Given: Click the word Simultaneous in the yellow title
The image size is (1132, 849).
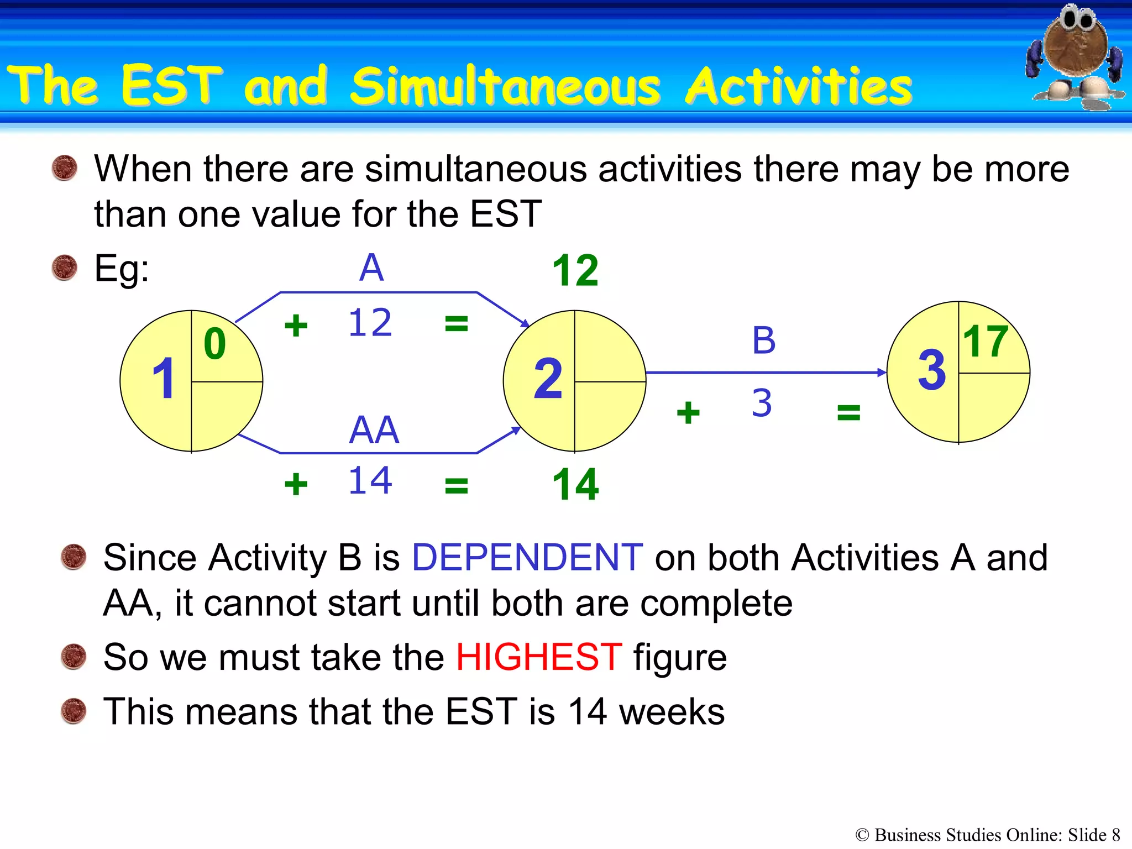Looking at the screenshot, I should coord(505,86).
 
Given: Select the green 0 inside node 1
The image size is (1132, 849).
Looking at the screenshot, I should coord(215,344).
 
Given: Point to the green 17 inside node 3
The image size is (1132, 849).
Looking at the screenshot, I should coord(986,342).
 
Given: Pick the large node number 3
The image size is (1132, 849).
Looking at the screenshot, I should coord(932,370).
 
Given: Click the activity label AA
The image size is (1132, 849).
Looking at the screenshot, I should coord(374,429).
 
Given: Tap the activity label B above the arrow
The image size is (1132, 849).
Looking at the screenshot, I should coord(764,340).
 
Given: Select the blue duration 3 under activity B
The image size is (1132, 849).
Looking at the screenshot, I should coord(762,403).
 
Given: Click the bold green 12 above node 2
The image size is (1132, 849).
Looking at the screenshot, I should coord(575,271).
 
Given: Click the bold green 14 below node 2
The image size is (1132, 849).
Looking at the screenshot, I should coord(575,485).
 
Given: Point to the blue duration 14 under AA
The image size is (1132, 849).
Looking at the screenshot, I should coord(370,480).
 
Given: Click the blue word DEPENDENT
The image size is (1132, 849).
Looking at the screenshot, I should coord(527,557).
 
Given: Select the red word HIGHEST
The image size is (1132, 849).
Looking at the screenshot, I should coord(539,657).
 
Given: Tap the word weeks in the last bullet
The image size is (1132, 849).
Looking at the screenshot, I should coord(672,712).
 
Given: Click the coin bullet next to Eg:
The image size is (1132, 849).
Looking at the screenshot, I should coord(65,268).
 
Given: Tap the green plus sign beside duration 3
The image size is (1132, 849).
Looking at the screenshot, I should coord(688,413).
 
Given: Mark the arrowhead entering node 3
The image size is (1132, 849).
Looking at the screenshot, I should coord(882,373).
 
